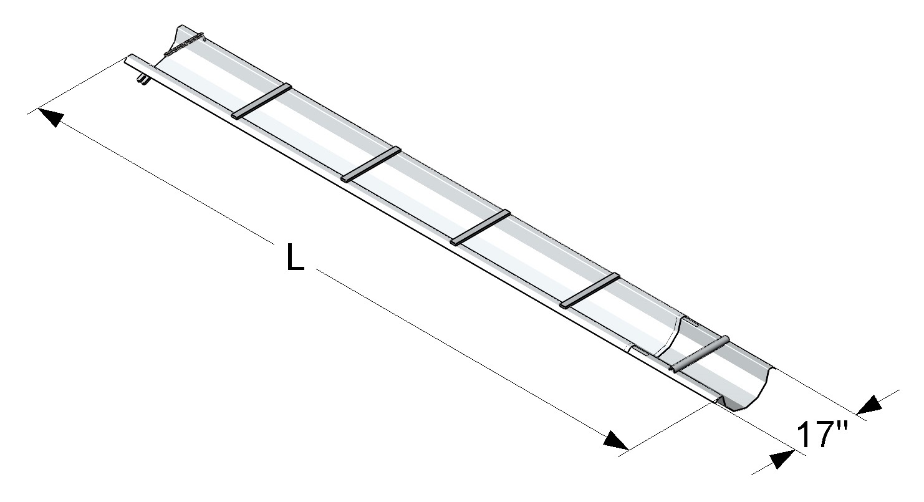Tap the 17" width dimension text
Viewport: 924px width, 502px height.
[x=822, y=435]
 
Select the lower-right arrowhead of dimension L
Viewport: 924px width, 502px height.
[x=616, y=440]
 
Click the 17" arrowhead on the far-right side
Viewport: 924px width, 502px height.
[x=870, y=405]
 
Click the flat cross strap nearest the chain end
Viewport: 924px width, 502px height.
[x=262, y=101]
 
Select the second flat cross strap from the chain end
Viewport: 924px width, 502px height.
[x=371, y=164]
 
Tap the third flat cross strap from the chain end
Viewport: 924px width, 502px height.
[x=480, y=227]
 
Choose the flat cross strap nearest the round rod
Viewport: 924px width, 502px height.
[x=590, y=290]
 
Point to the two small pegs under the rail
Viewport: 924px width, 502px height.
[x=143, y=80]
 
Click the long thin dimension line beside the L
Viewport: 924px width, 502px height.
[x=436, y=337]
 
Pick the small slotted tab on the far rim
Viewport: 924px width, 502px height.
[x=691, y=321]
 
